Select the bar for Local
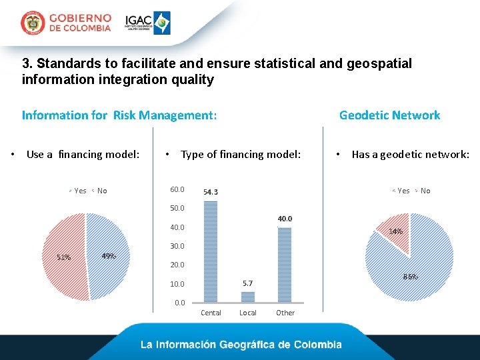point(248,297)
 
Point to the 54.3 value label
point(211,193)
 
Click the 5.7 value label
point(248,284)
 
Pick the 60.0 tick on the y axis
point(177,190)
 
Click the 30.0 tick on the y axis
point(177,246)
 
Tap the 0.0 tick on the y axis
point(179,303)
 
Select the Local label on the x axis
point(248,313)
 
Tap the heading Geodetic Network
point(389,115)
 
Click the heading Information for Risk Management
point(119,115)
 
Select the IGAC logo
point(148,23)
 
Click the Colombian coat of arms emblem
point(33,23)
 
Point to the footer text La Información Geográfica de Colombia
point(241,345)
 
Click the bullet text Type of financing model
point(241,155)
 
